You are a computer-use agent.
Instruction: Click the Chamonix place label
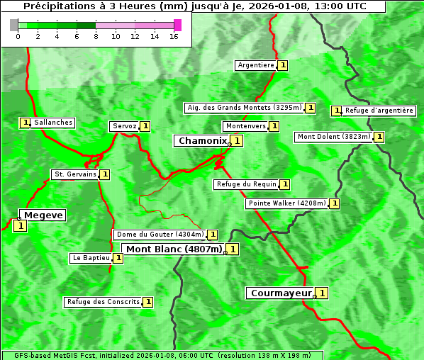202,141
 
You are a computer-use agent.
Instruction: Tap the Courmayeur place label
281,293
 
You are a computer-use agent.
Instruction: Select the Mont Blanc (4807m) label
174,249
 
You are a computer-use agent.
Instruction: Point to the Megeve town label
43,215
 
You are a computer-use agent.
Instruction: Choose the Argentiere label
256,65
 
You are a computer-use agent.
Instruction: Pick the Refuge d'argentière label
379,111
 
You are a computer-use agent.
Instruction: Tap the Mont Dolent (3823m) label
334,137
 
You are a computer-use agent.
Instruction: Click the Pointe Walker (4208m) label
287,203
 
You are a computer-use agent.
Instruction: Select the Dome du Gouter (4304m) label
160,235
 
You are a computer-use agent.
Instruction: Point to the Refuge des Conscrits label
103,302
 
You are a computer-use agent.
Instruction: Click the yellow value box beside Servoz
145,126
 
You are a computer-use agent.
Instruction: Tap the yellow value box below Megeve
20,226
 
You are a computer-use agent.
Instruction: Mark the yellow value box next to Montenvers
274,126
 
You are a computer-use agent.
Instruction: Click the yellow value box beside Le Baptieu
118,258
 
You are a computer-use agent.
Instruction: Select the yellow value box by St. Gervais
104,174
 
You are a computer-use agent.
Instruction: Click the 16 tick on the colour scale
174,36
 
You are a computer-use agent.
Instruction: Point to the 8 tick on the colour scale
96,36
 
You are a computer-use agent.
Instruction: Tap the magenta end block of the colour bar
177,25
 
